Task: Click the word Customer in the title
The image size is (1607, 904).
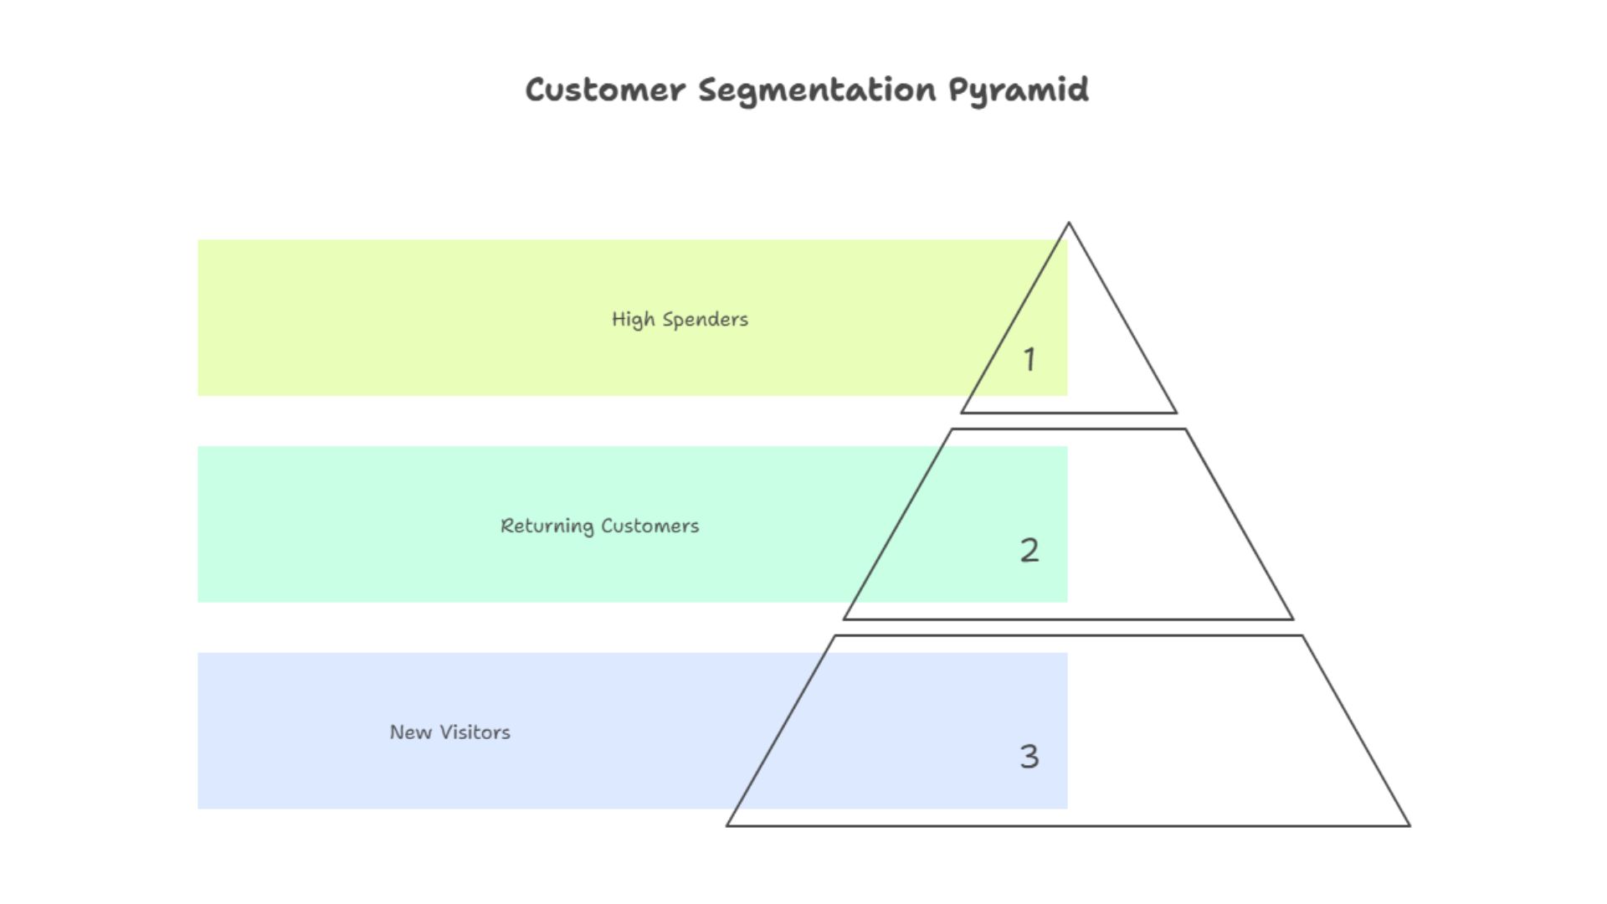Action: coord(604,90)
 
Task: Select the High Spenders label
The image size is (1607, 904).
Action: coord(680,319)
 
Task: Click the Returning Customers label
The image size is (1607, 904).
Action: coord(599,526)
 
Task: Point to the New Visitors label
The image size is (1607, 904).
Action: coord(449,732)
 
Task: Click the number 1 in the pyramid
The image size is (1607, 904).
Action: coord(1029,360)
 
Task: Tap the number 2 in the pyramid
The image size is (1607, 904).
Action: coord(1029,550)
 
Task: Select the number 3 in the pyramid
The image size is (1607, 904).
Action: coord(1029,757)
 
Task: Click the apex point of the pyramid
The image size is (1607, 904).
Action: coord(1069,223)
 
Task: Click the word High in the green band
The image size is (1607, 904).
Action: coord(633,319)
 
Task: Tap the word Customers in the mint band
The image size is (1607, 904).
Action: coord(649,526)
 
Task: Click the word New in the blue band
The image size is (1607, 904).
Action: coord(410,732)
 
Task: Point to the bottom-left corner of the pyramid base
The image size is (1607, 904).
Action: coord(727,825)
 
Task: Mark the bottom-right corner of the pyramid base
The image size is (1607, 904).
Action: coord(1409,825)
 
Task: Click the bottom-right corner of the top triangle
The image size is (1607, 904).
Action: coord(1176,412)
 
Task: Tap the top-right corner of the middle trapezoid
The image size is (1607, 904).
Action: coord(1185,430)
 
